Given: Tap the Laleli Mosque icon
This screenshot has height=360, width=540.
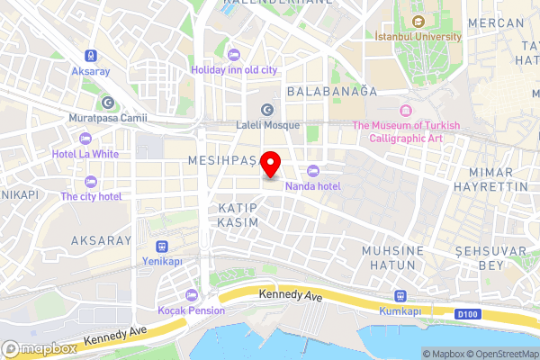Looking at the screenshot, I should pos(266,109).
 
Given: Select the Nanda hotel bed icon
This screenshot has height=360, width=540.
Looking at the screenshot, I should pos(312,171).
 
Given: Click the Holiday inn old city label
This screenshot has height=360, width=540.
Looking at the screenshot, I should pos(234,69).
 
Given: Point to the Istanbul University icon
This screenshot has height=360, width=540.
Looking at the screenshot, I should pos(418,22).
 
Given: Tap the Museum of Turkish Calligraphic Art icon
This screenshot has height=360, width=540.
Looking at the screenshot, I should pos(406,110).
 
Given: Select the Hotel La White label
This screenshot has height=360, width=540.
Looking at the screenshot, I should pos(86,153).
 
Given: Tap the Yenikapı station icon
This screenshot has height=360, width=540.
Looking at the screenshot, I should pos(162,246).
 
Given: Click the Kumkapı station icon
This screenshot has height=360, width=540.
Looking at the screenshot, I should pos(400,296).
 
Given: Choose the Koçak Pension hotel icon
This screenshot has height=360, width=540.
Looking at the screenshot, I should pos(190,295).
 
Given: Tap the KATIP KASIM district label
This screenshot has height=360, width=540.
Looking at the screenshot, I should pos(238,214).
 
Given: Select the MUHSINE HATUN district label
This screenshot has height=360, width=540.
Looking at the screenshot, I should pos(389,257).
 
